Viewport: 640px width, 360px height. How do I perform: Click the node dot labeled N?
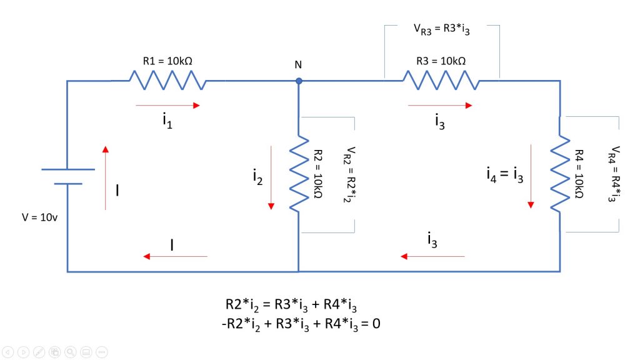299,81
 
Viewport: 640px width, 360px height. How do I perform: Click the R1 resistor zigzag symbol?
167,81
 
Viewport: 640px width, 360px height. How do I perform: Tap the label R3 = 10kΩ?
441,61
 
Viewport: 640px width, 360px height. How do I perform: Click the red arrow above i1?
167,106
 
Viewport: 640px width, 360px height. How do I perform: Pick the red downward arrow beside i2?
272,177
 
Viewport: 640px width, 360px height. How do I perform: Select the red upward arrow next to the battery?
105,177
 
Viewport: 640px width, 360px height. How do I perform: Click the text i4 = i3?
504,176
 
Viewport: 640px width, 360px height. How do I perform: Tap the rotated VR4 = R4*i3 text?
615,174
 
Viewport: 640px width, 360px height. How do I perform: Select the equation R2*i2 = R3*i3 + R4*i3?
291,304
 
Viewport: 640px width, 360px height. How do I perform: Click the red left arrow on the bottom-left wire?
175,256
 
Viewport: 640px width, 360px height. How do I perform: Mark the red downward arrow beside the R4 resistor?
532,176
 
